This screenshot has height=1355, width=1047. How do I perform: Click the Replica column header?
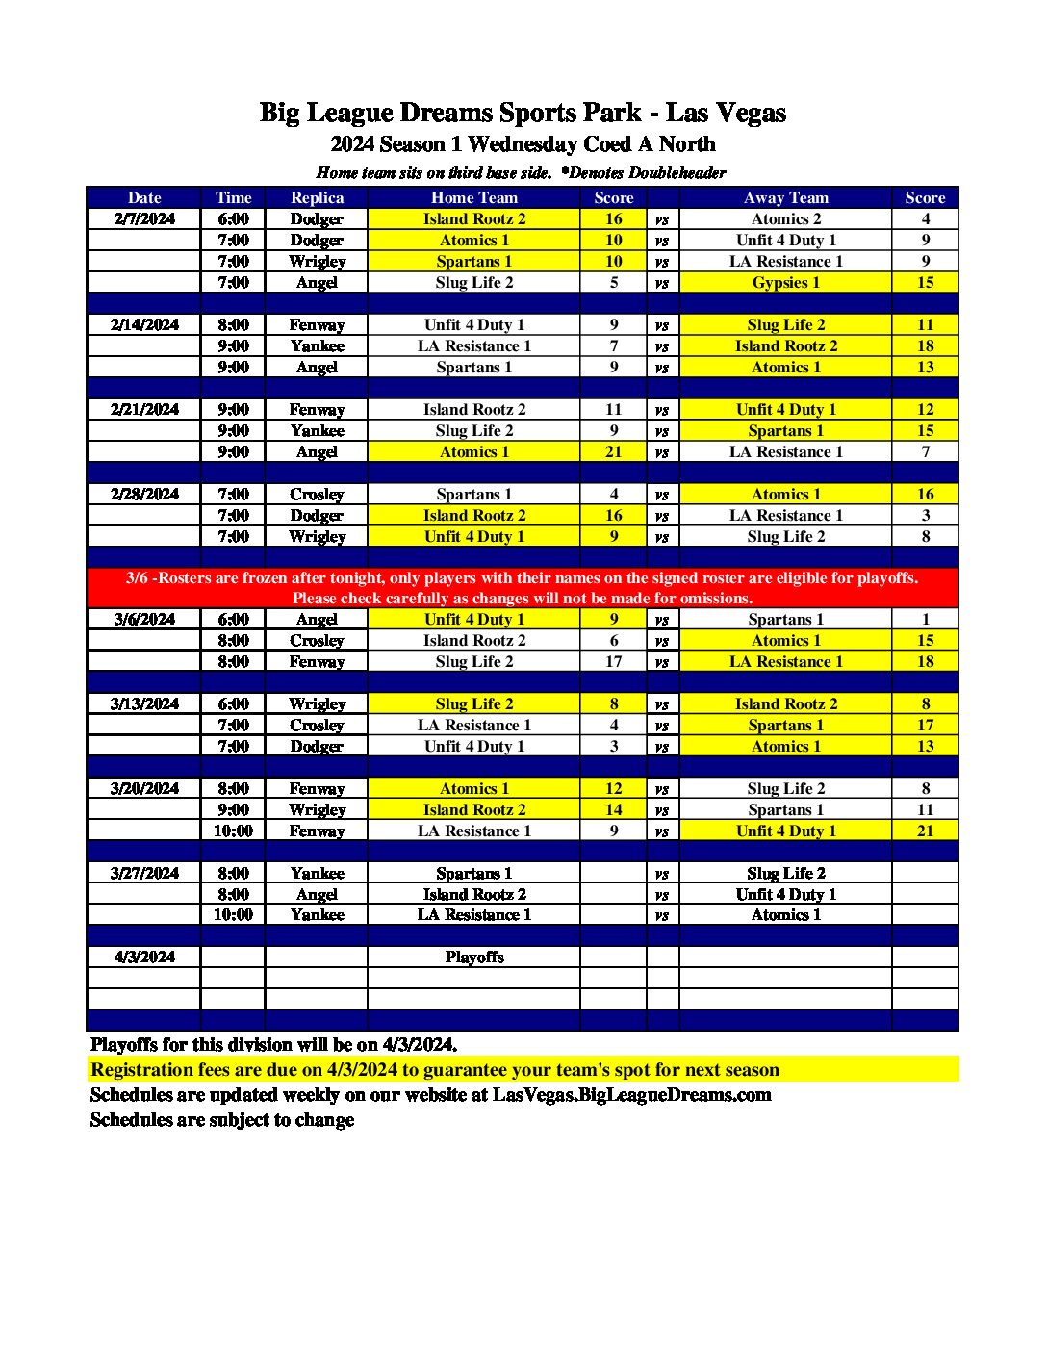317,197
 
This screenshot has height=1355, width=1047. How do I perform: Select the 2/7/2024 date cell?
144,218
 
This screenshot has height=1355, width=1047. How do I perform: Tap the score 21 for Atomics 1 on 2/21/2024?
613,451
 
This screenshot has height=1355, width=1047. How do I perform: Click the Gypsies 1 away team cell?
785,282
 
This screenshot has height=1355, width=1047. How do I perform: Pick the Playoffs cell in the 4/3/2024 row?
473,957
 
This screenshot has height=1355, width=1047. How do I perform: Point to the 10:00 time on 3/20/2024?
233,831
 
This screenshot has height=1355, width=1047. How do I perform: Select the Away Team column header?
785,197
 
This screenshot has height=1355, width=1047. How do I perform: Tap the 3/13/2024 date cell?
144,703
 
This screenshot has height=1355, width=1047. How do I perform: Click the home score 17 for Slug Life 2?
613,661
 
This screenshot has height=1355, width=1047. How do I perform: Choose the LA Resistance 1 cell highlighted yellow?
785,661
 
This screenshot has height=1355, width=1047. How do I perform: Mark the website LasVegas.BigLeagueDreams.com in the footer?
631,1095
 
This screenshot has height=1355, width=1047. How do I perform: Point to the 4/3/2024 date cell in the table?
144,957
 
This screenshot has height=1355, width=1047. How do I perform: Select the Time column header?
233,197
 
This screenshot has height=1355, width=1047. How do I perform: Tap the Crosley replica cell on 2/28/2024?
317,494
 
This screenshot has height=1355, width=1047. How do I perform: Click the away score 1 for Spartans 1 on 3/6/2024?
925,619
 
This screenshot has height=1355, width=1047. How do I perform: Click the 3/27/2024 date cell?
144,873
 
